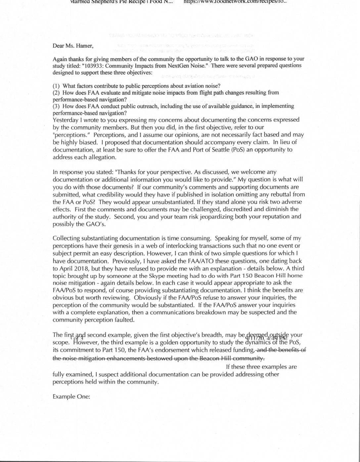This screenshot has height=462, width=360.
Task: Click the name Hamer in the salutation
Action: pyautogui.click(x=85, y=46)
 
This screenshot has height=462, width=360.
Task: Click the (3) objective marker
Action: pyautogui.click(x=56, y=106)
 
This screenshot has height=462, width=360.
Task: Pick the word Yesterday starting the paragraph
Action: pyautogui.click(x=65, y=120)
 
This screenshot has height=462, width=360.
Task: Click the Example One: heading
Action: pyautogui.click(x=71, y=397)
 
